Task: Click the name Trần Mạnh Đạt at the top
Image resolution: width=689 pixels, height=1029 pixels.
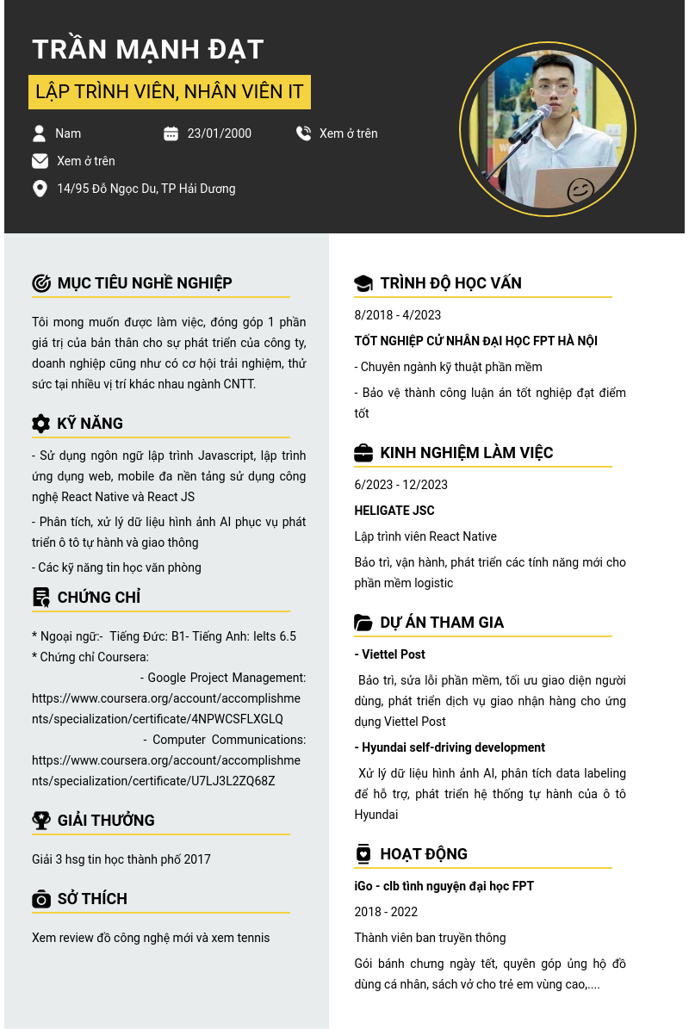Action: tap(147, 49)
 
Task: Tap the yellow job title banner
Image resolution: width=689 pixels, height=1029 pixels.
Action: tap(170, 91)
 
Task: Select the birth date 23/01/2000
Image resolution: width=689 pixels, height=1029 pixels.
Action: tap(219, 133)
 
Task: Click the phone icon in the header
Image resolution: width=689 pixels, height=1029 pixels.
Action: tap(303, 133)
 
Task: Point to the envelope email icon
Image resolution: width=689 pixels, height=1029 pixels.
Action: tap(40, 161)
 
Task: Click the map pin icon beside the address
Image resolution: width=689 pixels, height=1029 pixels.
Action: tap(40, 189)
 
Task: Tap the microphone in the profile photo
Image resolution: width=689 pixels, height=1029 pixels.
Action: tap(530, 124)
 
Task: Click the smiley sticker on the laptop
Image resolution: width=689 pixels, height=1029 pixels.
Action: tap(580, 189)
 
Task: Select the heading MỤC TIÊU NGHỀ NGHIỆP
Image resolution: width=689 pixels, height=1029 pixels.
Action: tap(145, 283)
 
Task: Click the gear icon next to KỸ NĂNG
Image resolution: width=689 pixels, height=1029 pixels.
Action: tap(40, 424)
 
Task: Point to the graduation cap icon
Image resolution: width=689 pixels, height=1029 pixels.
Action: tap(363, 283)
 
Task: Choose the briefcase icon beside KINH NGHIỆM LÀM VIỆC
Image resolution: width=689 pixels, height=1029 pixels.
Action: tap(363, 453)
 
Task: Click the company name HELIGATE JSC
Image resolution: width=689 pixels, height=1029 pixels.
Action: tap(394, 511)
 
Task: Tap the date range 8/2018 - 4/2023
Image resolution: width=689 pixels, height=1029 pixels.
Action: tap(397, 315)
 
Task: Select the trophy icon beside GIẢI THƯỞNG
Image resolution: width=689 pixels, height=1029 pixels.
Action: tap(40, 821)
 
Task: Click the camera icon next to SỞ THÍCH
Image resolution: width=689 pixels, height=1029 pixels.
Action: tap(40, 899)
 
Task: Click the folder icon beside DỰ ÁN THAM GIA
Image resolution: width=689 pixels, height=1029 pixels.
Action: tap(363, 623)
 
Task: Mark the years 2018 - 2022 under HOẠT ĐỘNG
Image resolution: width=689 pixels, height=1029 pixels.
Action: tap(386, 912)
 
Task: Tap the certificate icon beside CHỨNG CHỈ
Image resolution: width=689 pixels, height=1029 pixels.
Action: tap(40, 598)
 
